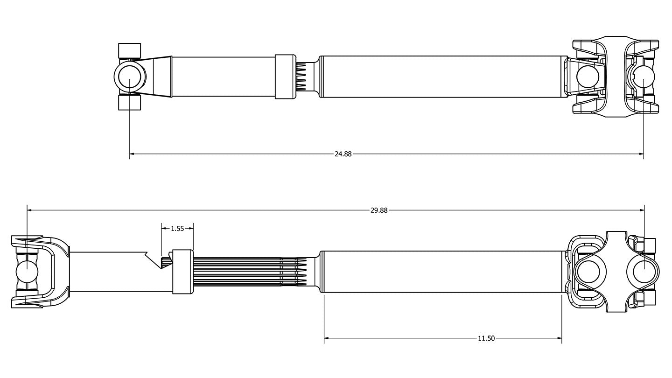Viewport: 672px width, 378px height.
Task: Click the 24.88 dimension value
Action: point(343,154)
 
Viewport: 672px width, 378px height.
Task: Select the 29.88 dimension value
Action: point(379,210)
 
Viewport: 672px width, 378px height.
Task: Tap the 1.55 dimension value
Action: point(177,229)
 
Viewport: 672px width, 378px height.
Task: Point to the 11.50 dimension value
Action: point(486,338)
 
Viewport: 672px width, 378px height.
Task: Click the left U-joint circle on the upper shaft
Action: point(129,77)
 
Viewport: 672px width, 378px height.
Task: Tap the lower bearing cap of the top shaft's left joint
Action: point(130,102)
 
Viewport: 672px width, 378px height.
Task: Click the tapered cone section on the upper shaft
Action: point(159,77)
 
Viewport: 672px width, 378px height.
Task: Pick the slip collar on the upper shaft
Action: point(285,77)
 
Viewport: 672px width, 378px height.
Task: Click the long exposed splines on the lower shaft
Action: point(243,272)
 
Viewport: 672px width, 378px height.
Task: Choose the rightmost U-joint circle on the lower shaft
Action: point(644,271)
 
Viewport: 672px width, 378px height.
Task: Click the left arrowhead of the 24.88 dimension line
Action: point(132,153)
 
